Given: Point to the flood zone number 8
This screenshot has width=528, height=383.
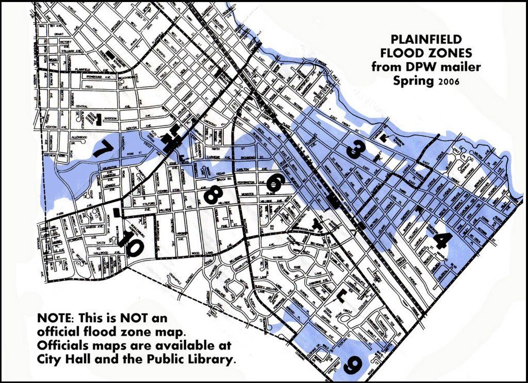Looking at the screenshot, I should pyautogui.click(x=213, y=195).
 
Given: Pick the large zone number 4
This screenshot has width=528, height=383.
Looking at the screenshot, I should pyautogui.click(x=442, y=240).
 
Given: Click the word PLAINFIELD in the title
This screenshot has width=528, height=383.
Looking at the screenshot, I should pyautogui.click(x=425, y=40).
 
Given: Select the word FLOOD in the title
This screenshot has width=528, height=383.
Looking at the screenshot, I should pyautogui.click(x=401, y=53).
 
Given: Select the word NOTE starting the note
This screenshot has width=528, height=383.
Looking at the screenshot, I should pyautogui.click(x=55, y=316).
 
